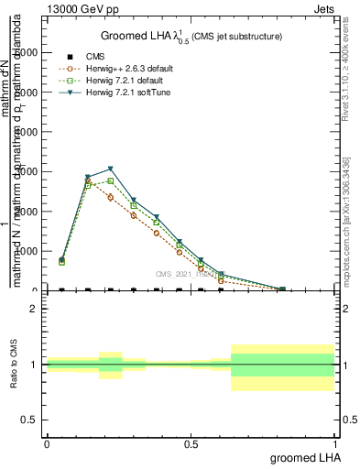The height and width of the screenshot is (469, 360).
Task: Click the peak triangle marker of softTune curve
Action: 110,169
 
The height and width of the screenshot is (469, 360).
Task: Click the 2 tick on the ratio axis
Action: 33,309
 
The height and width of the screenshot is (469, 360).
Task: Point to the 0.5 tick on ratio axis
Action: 29,420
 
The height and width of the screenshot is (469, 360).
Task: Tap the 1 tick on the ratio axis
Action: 33,365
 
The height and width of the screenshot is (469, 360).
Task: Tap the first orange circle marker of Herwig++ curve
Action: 61,261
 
